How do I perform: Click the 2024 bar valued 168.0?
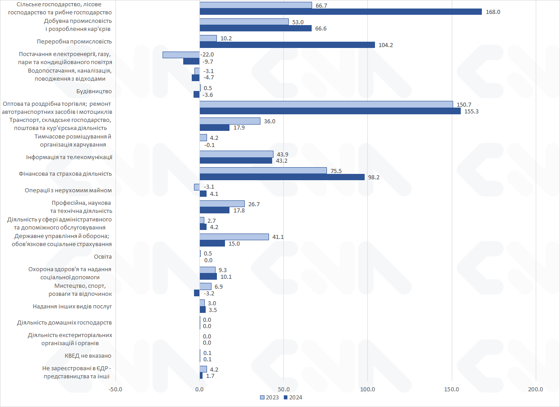point(340,12)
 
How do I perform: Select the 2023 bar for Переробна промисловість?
point(208,38)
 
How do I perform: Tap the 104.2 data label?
point(386,45)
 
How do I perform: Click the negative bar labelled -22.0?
point(181,55)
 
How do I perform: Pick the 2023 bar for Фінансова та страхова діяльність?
point(263,170)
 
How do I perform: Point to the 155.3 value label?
point(471,111)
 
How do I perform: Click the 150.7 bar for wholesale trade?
point(326,104)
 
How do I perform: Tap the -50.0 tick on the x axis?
point(115,389)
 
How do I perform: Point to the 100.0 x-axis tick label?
point(368,389)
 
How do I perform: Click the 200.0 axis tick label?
point(536,389)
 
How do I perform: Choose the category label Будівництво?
point(95,91)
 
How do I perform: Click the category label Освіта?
point(102,257)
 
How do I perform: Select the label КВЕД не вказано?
point(88,356)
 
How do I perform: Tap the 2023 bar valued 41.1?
point(234,237)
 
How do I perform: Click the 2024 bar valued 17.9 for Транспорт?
point(214,128)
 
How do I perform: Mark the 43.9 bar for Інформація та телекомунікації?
point(236,154)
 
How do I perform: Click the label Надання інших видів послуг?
point(72,307)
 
